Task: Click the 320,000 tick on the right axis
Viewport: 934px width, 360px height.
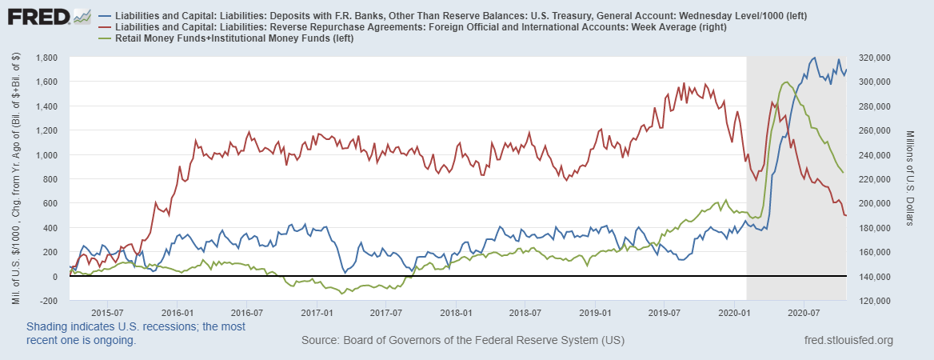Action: point(876,58)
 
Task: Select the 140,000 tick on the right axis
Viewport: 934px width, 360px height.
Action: point(876,277)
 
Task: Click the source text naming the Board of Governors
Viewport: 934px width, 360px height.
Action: point(462,341)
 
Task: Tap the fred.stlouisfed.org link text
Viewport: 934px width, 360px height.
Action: point(848,341)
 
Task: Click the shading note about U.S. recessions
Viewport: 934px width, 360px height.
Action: point(136,333)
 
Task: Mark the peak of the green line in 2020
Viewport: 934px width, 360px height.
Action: point(785,82)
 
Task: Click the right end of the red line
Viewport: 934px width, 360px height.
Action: point(846,215)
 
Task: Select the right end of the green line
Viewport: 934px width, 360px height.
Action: point(843,172)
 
